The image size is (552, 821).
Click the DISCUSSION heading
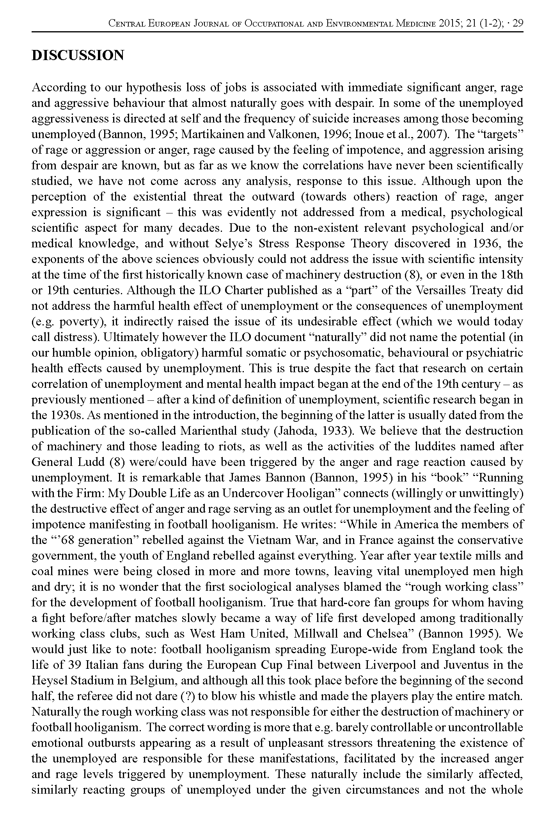click(x=78, y=55)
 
